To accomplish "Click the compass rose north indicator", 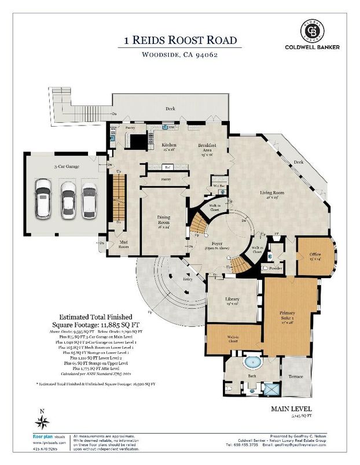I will click(x=41, y=420).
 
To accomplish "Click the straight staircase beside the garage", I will click(x=119, y=196).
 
